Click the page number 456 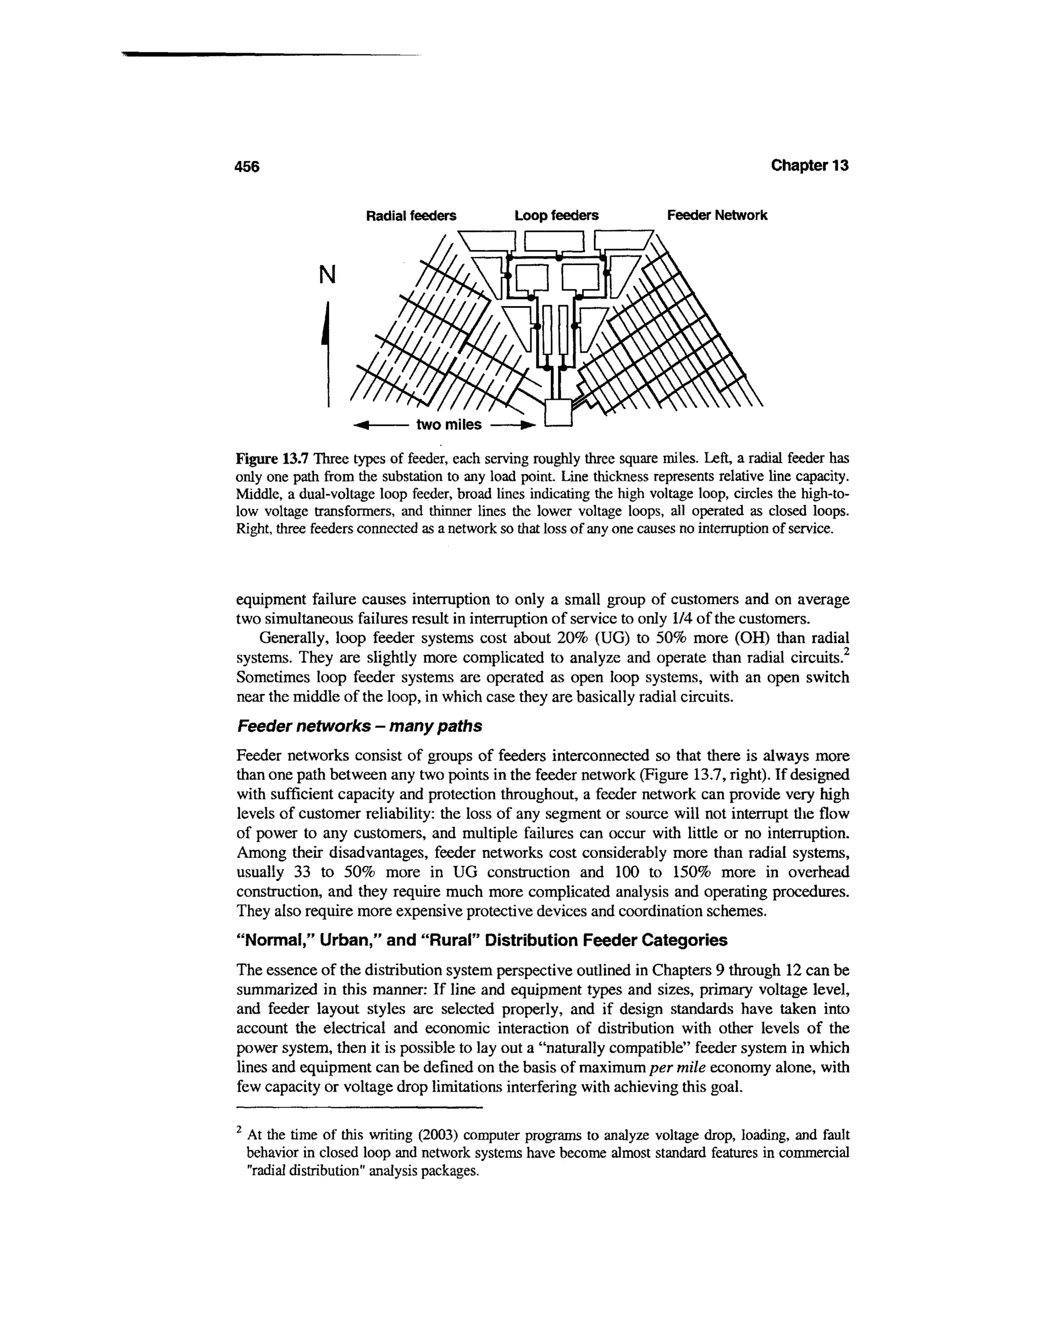tap(248, 167)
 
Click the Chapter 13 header tap(809, 166)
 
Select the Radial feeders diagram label tap(411, 216)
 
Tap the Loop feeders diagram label tap(556, 216)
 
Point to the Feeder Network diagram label tap(717, 216)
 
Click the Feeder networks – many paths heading tap(360, 726)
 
